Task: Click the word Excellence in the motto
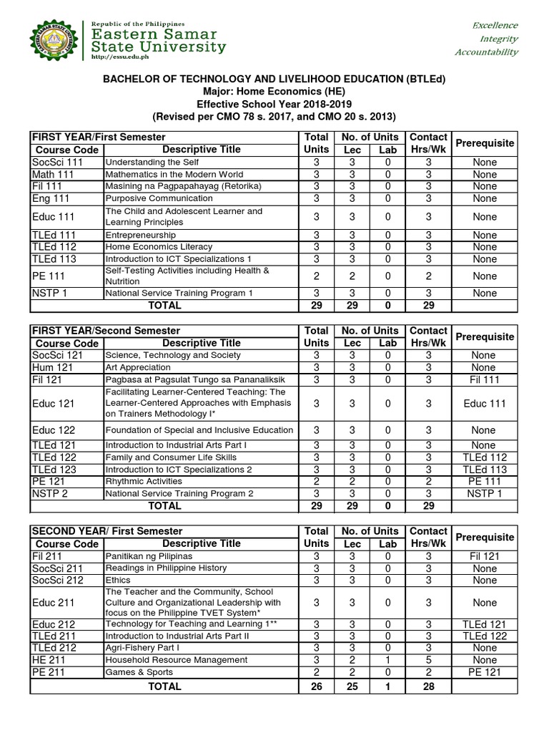coord(494,25)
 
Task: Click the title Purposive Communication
coord(159,198)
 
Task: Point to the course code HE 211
coord(49,660)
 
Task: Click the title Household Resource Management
coord(177,660)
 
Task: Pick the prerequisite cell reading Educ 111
coord(484,404)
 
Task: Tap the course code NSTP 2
coord(50,494)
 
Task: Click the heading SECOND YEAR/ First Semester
coord(106,531)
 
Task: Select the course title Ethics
coord(119,580)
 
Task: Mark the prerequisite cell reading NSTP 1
coord(484,494)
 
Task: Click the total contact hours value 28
coord(428,686)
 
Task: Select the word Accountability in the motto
coord(486,52)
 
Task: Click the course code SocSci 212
coord(58,580)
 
